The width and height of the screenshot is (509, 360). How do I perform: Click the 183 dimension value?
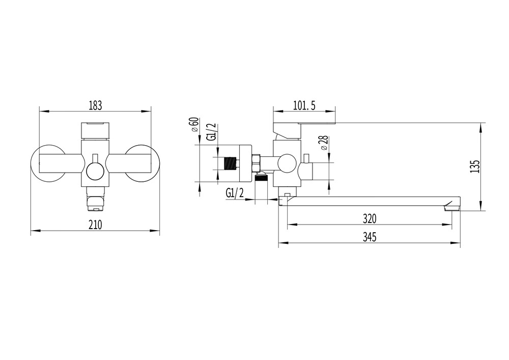tap(95, 105)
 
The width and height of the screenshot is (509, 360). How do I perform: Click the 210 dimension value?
tap(95, 225)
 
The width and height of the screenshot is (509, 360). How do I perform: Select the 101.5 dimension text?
tap(304, 105)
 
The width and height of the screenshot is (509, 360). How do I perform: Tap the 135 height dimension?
tap(474, 167)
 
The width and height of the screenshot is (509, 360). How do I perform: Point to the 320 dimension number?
tap(370, 219)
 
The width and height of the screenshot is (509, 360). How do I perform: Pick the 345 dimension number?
tap(370, 237)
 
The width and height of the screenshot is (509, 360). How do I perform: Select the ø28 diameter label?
tap(325, 143)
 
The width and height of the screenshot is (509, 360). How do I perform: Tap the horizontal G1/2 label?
tap(235, 193)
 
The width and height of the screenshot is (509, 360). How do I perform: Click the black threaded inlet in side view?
tap(230, 163)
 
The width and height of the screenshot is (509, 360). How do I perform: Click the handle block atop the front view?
tap(95, 130)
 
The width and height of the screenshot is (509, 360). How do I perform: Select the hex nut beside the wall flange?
tap(256, 163)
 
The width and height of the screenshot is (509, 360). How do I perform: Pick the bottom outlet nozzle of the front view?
tap(95, 199)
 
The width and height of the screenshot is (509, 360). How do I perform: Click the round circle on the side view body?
tap(287, 163)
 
